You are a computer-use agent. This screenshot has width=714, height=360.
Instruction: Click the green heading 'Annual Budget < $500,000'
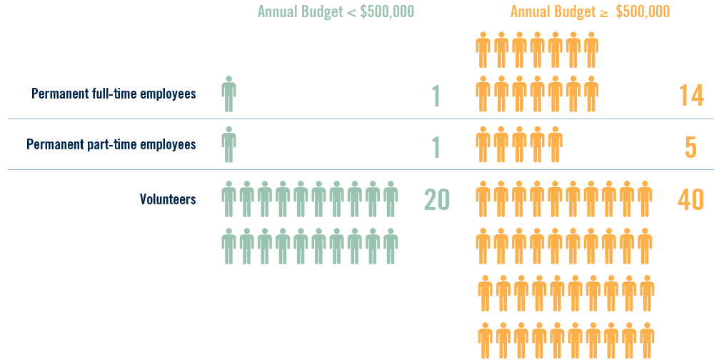click(x=336, y=12)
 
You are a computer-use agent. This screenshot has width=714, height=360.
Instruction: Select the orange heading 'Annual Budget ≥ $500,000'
click(x=590, y=12)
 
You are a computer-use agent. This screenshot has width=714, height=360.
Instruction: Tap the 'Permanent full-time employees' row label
click(x=114, y=94)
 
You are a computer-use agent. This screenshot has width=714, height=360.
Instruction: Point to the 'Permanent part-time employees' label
click(x=111, y=144)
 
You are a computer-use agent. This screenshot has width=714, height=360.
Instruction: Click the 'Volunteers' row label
click(x=168, y=199)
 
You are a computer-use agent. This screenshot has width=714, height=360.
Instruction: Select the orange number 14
click(x=690, y=96)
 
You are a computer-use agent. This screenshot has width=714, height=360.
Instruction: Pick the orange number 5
click(x=690, y=146)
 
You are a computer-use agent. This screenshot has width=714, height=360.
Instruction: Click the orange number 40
click(x=690, y=199)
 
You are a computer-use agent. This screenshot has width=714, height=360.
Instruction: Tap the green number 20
click(x=436, y=199)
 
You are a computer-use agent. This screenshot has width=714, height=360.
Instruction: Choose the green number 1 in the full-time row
click(x=436, y=96)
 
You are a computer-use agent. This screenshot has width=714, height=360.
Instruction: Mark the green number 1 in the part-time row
click(x=436, y=146)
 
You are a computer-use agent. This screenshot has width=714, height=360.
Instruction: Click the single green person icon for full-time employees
click(x=228, y=94)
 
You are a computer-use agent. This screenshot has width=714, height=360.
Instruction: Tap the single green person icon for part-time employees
click(x=228, y=144)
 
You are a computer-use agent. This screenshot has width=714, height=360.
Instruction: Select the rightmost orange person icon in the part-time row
click(x=555, y=144)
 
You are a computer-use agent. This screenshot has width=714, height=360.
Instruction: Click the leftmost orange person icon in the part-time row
click(x=483, y=144)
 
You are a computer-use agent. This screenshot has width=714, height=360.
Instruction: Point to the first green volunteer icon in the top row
click(x=228, y=199)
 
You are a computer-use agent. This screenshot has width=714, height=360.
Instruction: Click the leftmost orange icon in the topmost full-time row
click(x=483, y=49)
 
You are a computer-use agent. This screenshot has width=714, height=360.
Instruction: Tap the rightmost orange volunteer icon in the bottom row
click(x=647, y=340)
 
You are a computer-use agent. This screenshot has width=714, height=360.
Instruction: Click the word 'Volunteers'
click(x=168, y=199)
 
